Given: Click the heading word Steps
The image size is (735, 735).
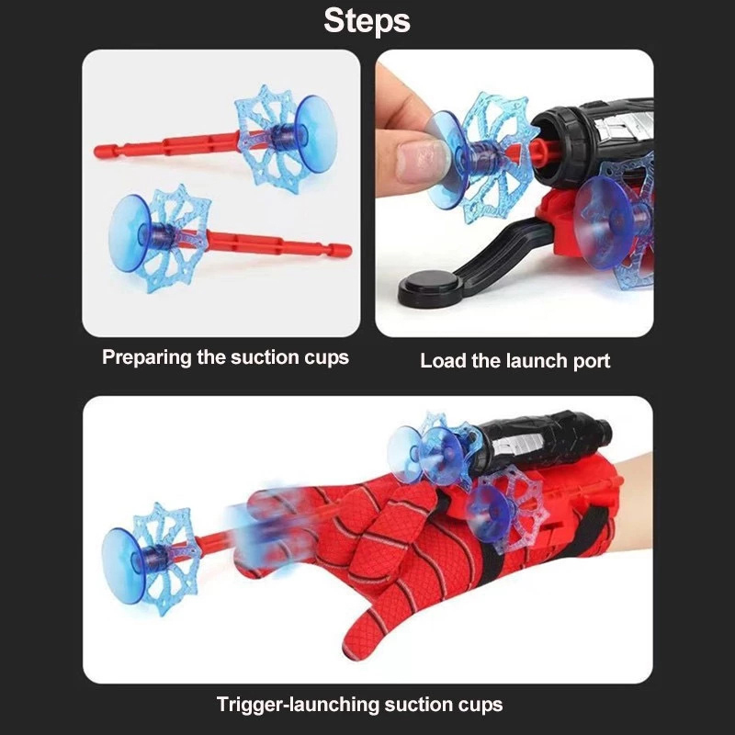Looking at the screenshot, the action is click(x=367, y=20).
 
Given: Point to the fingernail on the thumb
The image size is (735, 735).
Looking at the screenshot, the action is click(x=417, y=160).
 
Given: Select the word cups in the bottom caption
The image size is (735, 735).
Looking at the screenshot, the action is click(x=481, y=706).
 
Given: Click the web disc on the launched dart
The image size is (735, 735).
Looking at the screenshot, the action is click(x=165, y=558).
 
